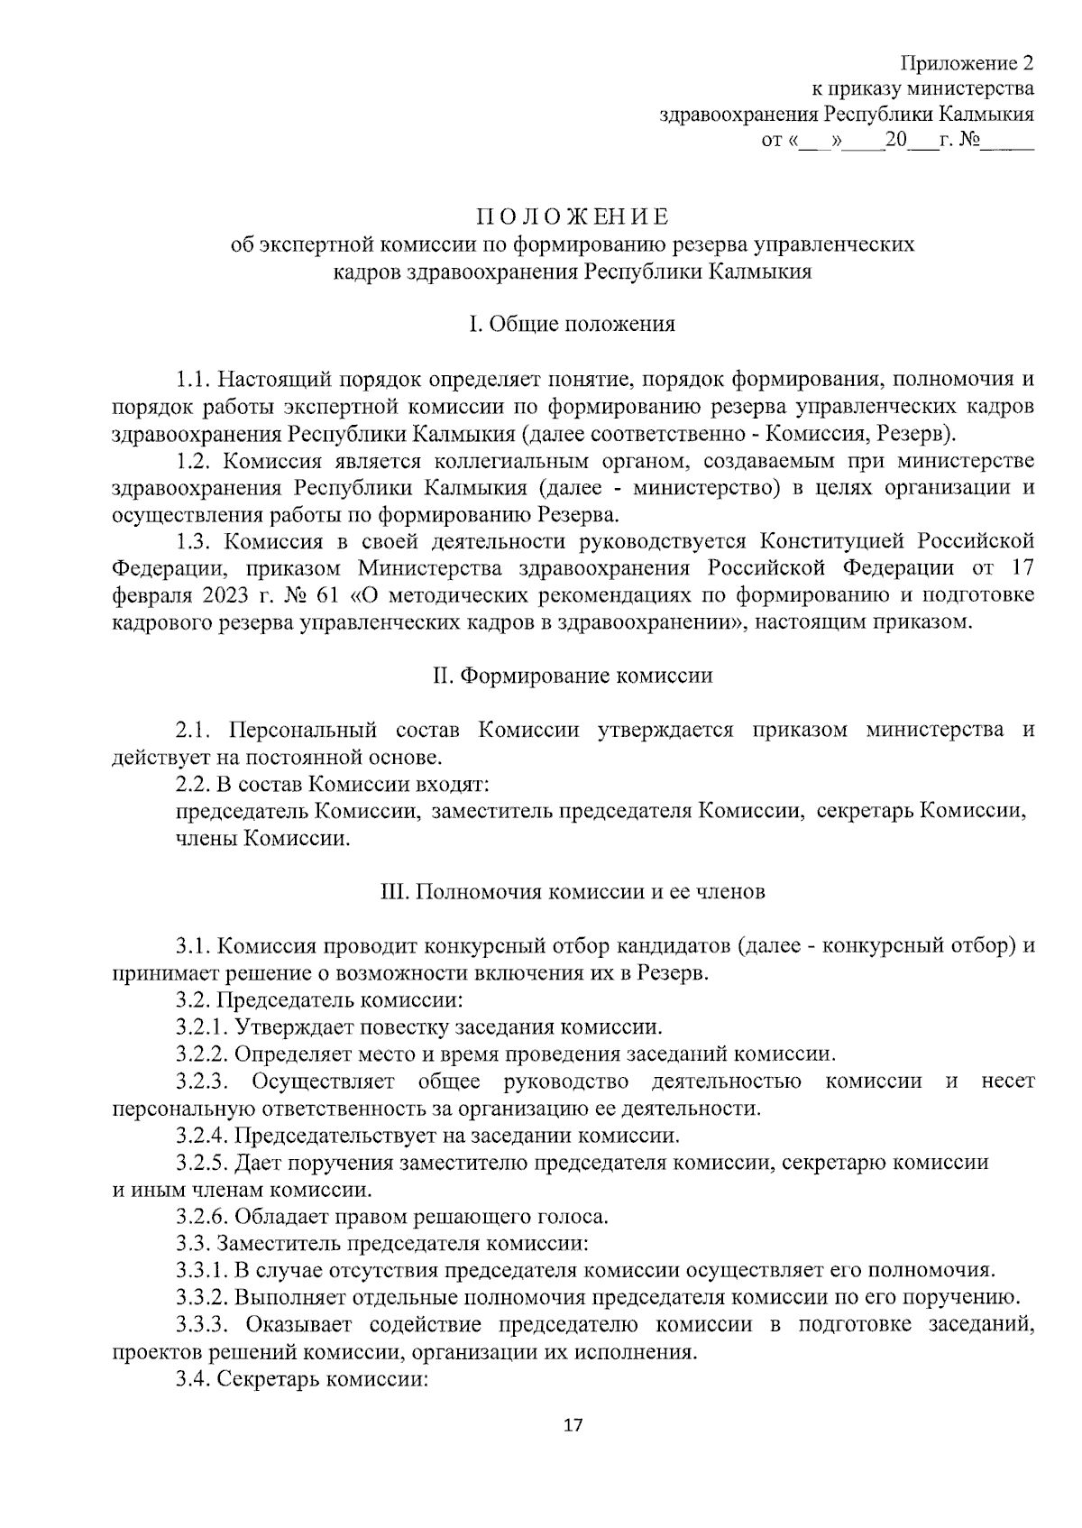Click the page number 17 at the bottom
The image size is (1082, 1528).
point(573,1425)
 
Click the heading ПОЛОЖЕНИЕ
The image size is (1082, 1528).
point(573,217)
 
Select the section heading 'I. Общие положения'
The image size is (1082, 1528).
point(573,324)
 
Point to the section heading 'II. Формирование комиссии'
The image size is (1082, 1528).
point(573,676)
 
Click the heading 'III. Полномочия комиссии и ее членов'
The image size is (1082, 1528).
point(573,892)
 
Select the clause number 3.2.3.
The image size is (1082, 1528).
point(204,1081)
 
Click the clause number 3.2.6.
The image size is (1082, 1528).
point(204,1216)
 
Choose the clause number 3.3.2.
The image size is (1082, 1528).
point(204,1297)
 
